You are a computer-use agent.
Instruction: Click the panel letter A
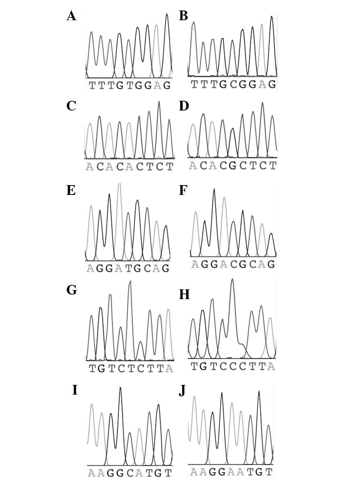click(71, 16)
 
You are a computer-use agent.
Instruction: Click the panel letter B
click(183, 16)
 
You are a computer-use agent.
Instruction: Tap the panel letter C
click(71, 106)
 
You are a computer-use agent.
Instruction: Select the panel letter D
click(184, 106)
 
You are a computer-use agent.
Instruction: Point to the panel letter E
click(71, 190)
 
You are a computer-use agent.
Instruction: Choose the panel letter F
click(183, 191)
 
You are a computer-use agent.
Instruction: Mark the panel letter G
click(71, 290)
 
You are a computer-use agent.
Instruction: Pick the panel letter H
click(184, 295)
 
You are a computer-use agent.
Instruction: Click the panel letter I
click(75, 390)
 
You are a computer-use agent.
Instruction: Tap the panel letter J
click(182, 391)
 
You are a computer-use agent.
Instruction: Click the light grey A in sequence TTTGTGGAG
click(158, 85)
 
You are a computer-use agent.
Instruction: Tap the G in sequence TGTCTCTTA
click(101, 368)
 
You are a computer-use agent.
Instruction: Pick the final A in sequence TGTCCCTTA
click(271, 366)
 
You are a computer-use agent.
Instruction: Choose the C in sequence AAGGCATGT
click(130, 473)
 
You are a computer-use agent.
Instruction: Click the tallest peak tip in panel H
click(232, 279)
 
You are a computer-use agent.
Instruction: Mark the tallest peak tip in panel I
click(120, 387)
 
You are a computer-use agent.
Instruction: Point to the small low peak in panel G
click(140, 342)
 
